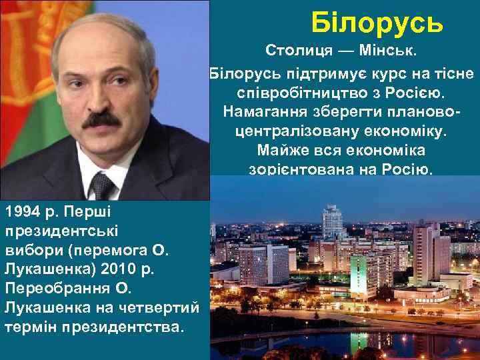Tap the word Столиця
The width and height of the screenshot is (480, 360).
295,51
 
